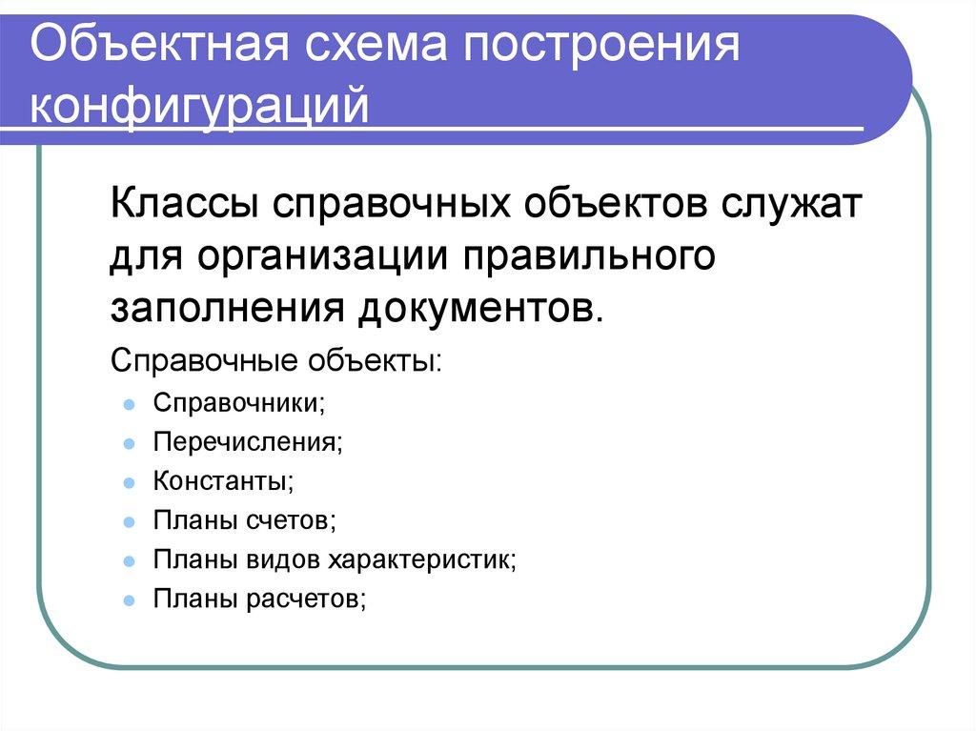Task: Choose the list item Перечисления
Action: pos(247,441)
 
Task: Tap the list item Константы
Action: pos(222,480)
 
